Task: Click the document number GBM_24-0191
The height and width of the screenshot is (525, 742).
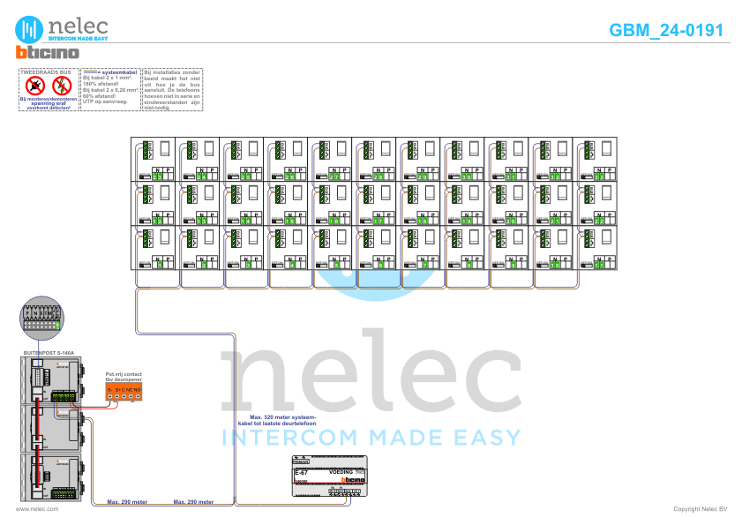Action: tap(666, 30)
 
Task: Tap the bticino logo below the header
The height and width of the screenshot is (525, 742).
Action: tap(48, 53)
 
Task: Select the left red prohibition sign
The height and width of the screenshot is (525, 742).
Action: tap(36, 86)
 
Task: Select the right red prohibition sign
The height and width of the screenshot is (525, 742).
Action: tap(62, 86)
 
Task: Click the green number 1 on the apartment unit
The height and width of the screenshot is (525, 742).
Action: tap(158, 264)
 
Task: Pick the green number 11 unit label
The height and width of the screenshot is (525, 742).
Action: tap(599, 264)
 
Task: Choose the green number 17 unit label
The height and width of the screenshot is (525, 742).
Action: tap(378, 220)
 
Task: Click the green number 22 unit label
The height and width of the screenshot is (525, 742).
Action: tap(599, 220)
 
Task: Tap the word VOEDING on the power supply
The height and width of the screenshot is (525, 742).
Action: tap(341, 473)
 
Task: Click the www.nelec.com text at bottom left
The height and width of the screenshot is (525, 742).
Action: tap(37, 509)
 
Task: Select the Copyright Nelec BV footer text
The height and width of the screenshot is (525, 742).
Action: tap(700, 509)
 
